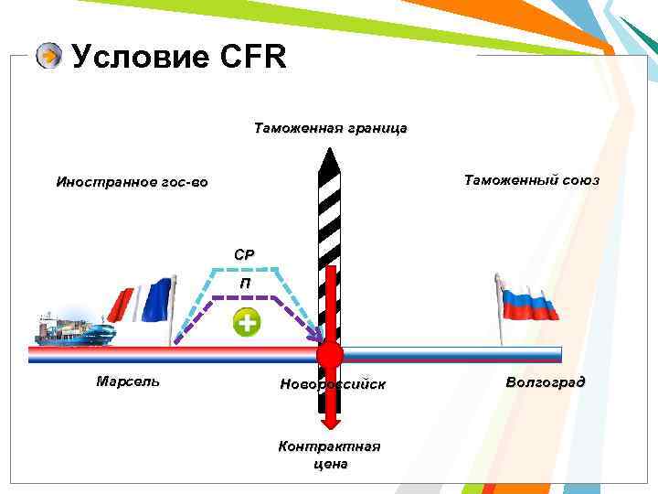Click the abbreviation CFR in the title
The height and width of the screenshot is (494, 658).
[x=253, y=58]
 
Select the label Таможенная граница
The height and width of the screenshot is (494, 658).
[x=330, y=129]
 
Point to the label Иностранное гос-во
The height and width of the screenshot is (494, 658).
[x=132, y=182]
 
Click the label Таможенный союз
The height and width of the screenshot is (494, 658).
[x=531, y=180]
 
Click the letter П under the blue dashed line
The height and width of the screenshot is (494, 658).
[x=245, y=284]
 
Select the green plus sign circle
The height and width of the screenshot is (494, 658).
[x=247, y=322]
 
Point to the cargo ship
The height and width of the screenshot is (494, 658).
[x=73, y=329]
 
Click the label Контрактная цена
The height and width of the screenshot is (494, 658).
[x=329, y=455]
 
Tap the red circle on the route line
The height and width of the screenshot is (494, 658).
[x=329, y=355]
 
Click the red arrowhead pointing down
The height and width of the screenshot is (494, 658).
[x=330, y=419]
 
